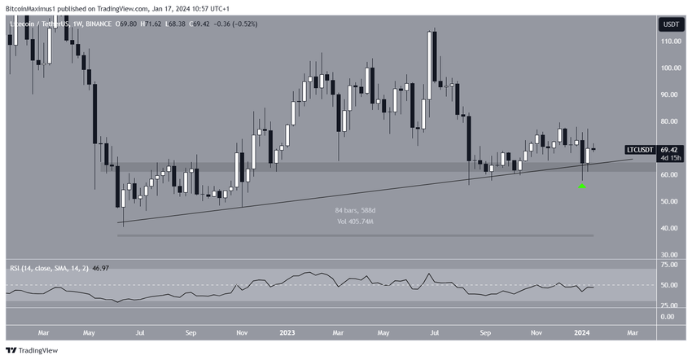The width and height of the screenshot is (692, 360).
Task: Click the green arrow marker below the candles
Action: (582, 186)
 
